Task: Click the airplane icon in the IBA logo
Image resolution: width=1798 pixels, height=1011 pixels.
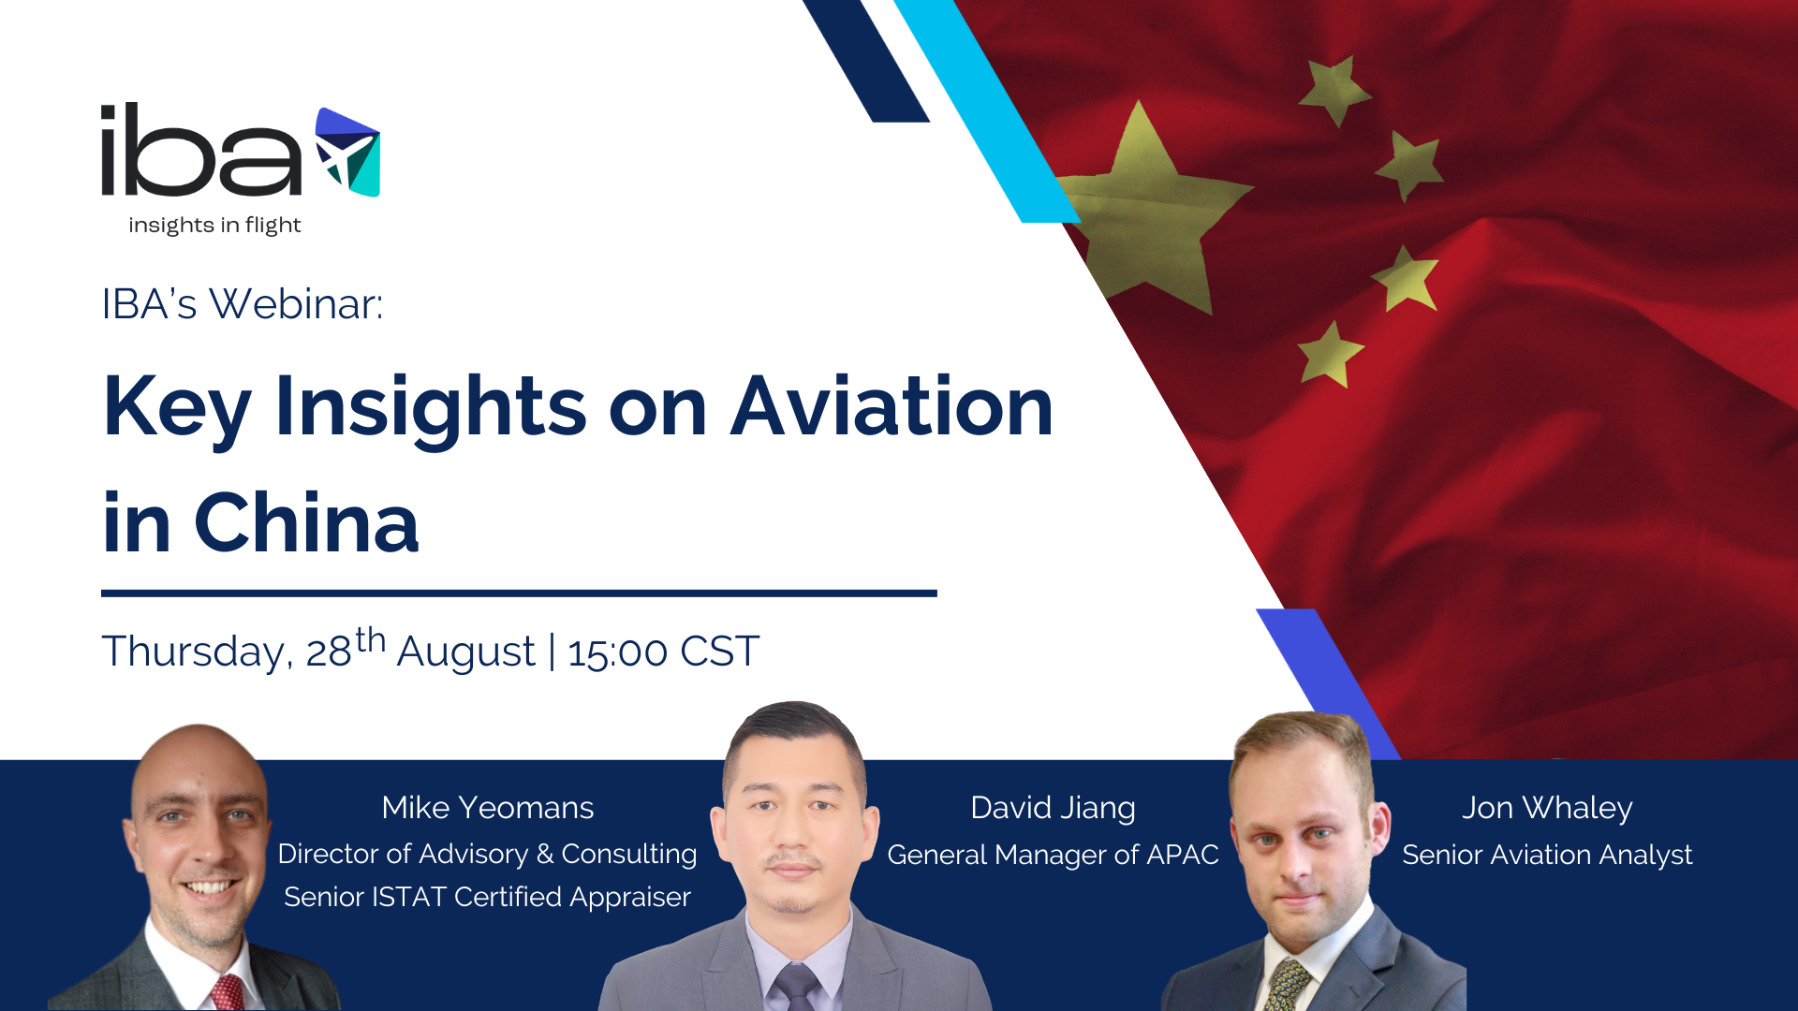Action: coord(347,152)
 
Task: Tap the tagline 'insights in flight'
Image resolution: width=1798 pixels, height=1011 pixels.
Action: coord(214,226)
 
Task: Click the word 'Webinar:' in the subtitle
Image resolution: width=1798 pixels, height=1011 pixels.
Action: coord(296,304)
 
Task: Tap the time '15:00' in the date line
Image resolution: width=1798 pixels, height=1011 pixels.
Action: coord(617,652)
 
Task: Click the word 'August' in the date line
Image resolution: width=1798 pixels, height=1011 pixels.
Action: coord(465,652)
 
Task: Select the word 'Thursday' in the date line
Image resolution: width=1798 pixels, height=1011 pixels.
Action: coord(193,652)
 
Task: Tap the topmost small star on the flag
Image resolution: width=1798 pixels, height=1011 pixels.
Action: coord(1334,90)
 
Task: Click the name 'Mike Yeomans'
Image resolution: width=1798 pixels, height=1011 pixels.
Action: coord(487,808)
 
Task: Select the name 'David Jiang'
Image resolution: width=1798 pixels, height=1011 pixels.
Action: coord(1053,808)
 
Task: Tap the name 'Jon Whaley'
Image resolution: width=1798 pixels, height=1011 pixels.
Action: coord(1547,808)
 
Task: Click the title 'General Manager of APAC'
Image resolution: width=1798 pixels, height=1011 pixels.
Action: coord(1053,855)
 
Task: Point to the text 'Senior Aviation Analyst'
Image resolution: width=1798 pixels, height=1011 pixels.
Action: coord(1547,855)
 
